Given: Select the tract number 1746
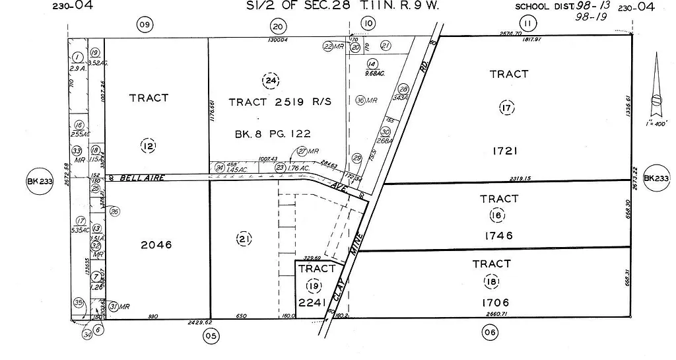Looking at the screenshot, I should [x=499, y=236].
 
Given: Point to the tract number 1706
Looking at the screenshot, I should [x=491, y=303].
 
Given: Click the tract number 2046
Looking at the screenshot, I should [x=156, y=245].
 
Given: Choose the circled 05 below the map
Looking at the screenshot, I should [x=211, y=335].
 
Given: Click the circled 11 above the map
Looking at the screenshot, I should [x=526, y=24].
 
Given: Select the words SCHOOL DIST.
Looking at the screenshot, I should [x=541, y=7].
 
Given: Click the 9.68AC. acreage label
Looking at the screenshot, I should [x=374, y=73].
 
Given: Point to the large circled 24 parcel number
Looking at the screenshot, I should [x=269, y=81].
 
